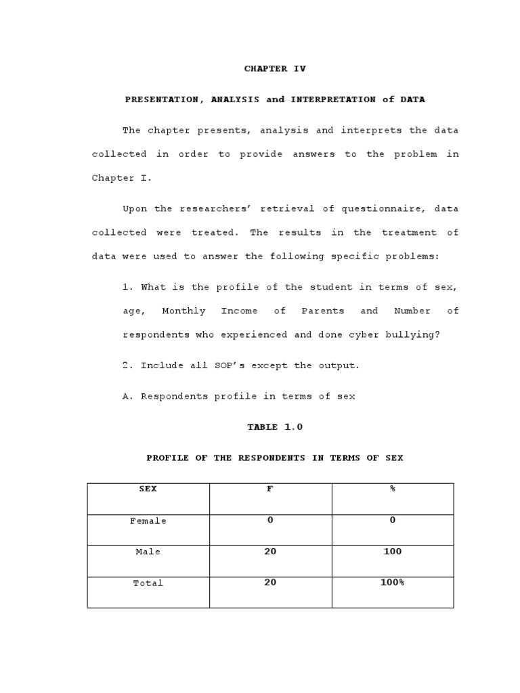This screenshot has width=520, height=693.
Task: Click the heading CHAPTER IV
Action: tap(274, 69)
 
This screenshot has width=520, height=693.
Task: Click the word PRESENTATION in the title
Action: tap(162, 99)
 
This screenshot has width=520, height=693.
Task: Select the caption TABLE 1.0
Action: tap(274, 427)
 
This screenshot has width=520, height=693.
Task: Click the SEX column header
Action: tap(148, 489)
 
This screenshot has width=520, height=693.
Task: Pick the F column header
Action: tap(269, 489)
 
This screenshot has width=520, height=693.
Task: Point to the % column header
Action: tap(392, 489)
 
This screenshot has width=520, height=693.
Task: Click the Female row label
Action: tap(148, 521)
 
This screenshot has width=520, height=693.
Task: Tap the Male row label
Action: tap(148, 552)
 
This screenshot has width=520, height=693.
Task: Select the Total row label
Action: tap(148, 583)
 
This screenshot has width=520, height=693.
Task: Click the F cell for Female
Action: tap(270, 520)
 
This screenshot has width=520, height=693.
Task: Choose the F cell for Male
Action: tap(270, 552)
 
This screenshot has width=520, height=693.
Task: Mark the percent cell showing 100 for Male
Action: tap(392, 552)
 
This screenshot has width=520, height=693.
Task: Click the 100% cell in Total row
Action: tap(392, 582)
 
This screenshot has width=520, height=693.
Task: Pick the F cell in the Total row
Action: tap(270, 582)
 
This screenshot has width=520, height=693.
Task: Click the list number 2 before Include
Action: tap(126, 365)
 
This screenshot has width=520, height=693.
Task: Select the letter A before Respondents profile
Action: tap(126, 397)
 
